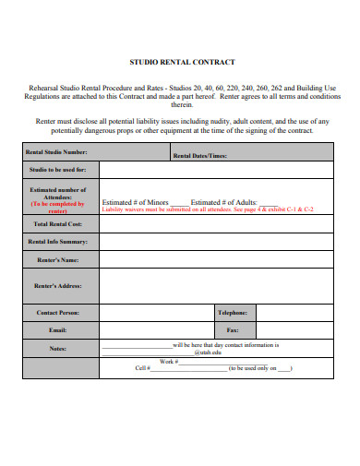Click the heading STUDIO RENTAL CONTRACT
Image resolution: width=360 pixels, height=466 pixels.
180,62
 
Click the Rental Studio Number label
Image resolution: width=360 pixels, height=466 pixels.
56,152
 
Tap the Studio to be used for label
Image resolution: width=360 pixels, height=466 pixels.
58,170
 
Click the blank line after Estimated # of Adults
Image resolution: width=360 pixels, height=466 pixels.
268,201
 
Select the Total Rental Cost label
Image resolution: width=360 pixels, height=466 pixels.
58,223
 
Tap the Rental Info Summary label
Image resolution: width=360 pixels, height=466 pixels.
58,242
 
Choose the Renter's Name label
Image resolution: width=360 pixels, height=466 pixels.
58,260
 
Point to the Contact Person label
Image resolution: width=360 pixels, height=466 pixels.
58,313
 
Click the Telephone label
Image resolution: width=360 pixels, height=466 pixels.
232,313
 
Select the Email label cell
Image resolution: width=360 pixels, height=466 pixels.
58,329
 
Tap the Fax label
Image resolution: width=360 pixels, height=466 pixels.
233,329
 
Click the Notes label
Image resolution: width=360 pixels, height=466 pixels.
58,348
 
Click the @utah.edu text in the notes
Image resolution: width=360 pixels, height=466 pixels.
209,352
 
